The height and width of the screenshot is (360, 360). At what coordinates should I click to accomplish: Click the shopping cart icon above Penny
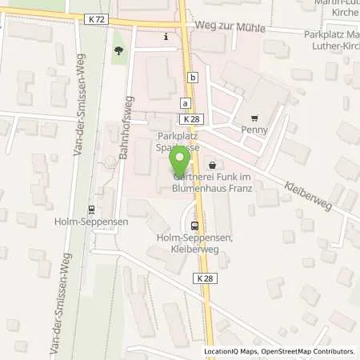pos(254,115)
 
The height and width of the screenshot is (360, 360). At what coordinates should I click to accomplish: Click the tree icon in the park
pos(119,50)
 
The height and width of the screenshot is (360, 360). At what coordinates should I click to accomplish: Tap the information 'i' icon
pos(165,37)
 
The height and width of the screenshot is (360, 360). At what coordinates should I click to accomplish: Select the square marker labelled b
pos(193,77)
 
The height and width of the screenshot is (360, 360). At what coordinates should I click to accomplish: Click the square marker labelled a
pos(185,103)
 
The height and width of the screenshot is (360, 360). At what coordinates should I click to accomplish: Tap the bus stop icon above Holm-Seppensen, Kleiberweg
pos(195,225)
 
